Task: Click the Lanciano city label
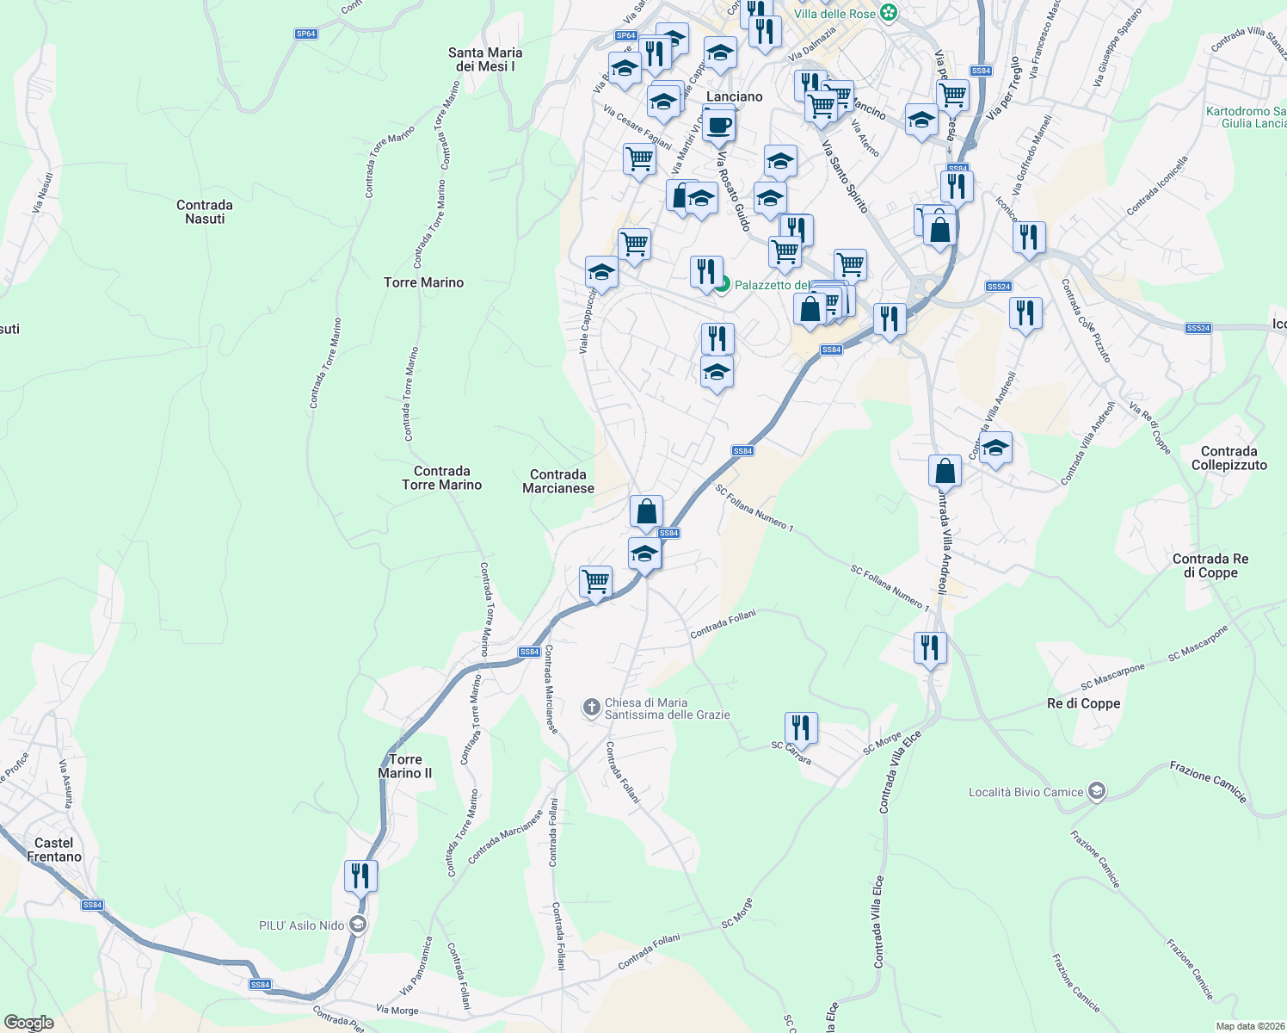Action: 734,96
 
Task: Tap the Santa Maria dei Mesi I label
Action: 485,59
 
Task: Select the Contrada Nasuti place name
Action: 205,212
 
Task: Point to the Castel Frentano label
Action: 54,850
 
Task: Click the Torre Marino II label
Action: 405,766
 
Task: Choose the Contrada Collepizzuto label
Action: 1229,458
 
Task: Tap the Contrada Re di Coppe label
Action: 1210,566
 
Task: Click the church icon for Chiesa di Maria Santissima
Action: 591,708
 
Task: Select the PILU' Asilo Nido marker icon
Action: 358,925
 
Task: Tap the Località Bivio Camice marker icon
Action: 1096,792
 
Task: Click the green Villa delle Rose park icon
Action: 890,14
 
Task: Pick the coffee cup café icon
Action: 719,125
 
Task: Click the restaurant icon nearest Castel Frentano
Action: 360,876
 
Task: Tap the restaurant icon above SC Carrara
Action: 801,727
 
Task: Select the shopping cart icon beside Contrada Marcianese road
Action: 595,582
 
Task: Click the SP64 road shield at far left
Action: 305,34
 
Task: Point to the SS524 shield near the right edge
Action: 1198,328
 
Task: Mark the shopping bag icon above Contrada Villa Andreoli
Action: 945,472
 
